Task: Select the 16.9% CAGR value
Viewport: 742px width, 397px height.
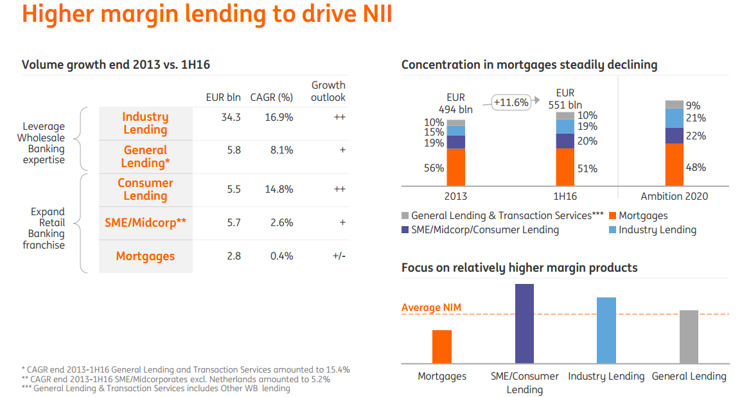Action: (x=279, y=118)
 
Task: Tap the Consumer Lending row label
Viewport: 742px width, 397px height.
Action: (x=145, y=190)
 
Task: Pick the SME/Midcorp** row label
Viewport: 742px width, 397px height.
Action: (x=145, y=223)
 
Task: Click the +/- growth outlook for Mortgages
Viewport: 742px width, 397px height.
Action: (x=339, y=256)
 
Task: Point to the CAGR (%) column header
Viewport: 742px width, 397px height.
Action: (x=272, y=98)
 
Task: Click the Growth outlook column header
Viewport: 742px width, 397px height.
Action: (x=328, y=91)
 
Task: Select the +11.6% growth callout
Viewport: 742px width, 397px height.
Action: (x=511, y=102)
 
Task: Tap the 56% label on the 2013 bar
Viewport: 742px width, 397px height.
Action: (x=434, y=168)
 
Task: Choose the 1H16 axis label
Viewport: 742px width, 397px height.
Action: (x=565, y=196)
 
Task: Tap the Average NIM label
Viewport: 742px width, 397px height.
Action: (x=431, y=308)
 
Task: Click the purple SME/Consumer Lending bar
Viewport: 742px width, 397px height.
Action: (x=524, y=324)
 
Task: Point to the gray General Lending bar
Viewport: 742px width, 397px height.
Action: (x=689, y=337)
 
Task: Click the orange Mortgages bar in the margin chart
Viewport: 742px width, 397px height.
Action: (x=442, y=347)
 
